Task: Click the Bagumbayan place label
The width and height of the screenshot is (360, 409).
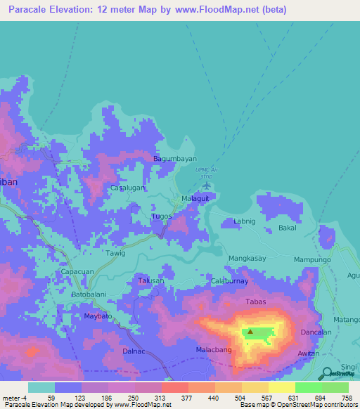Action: coord(175,159)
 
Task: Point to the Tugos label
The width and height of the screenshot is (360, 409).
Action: coord(162,216)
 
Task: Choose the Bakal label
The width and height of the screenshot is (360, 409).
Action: coord(288,228)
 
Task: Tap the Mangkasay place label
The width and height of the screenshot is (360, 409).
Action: coord(247,259)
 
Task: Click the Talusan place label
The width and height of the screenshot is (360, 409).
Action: coord(150,280)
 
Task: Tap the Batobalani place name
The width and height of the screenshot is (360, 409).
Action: coord(89,294)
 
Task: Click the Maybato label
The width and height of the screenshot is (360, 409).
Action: coord(98,317)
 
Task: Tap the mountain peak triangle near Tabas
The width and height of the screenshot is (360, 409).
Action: coord(249,332)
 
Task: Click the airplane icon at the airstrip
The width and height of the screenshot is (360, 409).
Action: coord(206,186)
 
